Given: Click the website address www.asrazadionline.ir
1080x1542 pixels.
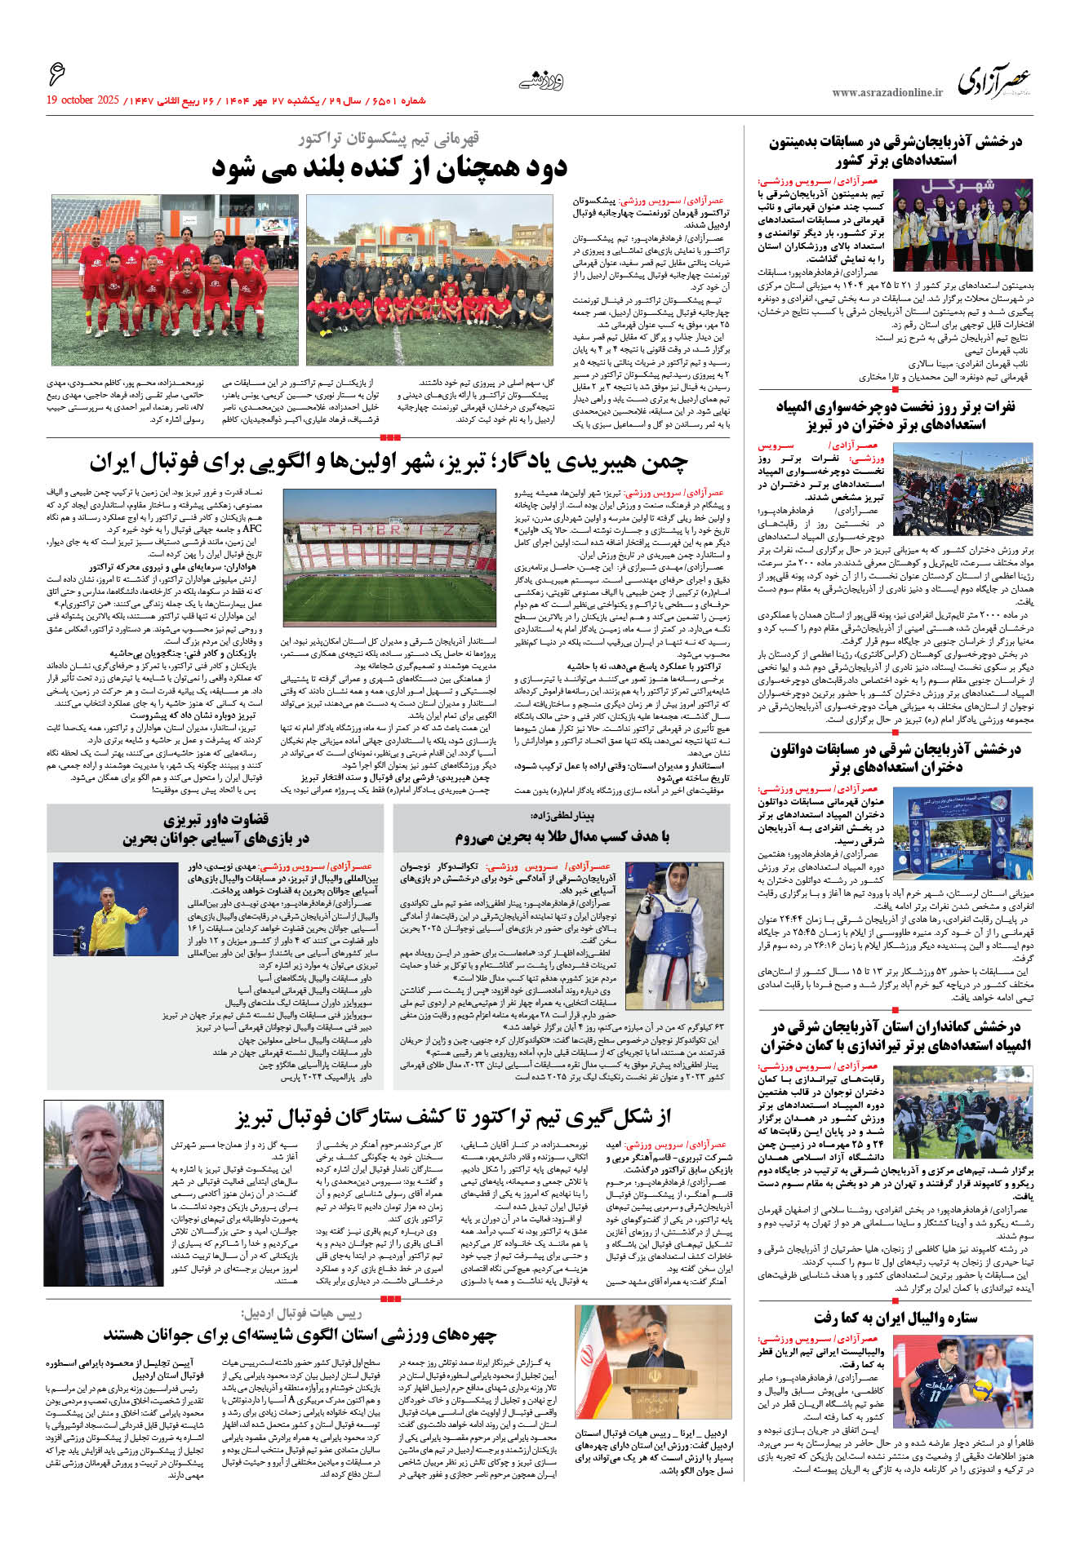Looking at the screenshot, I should click(887, 93).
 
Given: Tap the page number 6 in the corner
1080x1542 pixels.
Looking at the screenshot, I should click(56, 74).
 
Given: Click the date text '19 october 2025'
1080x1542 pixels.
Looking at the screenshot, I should click(82, 100).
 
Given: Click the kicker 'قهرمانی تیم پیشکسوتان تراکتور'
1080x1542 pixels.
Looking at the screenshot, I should click(389, 139).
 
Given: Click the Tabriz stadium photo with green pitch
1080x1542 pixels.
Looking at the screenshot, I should click(389, 557).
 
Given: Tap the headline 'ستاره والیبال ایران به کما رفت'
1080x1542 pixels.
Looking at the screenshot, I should click(895, 1318).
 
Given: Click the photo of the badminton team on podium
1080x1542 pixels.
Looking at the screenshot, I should click(962, 226).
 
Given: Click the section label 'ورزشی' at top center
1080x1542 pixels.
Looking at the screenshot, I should click(541, 81).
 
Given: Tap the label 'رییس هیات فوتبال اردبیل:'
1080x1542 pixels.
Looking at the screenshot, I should click(301, 1314).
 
